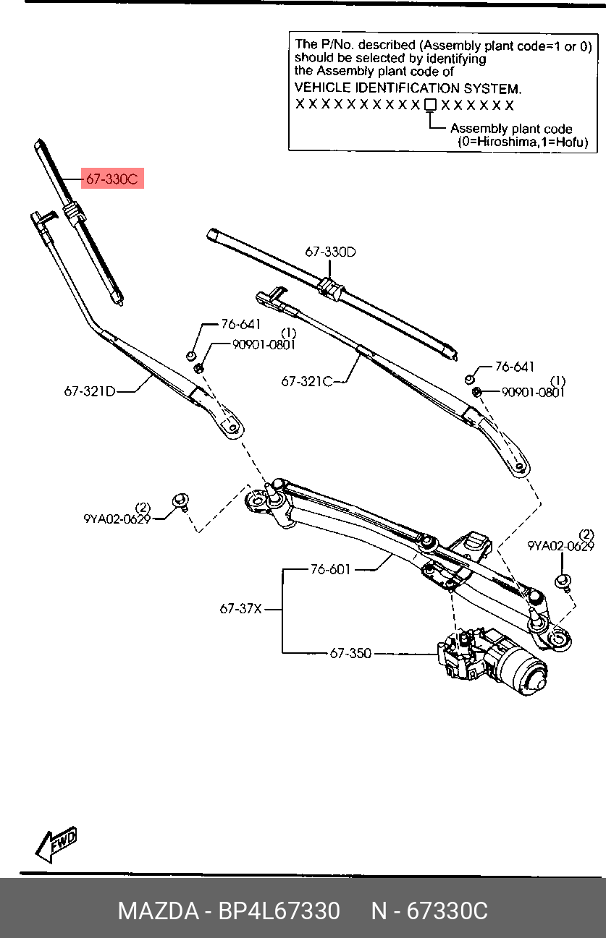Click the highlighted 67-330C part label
coord(111,179)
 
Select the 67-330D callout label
coord(330,252)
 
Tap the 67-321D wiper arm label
coord(90,391)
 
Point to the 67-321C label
coord(307,381)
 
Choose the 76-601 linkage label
coord(330,569)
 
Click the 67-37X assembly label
coord(240,609)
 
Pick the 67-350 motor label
coord(350,653)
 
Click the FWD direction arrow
coord(56,843)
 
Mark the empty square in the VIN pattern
coord(430,105)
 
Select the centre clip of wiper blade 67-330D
coord(329,287)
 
